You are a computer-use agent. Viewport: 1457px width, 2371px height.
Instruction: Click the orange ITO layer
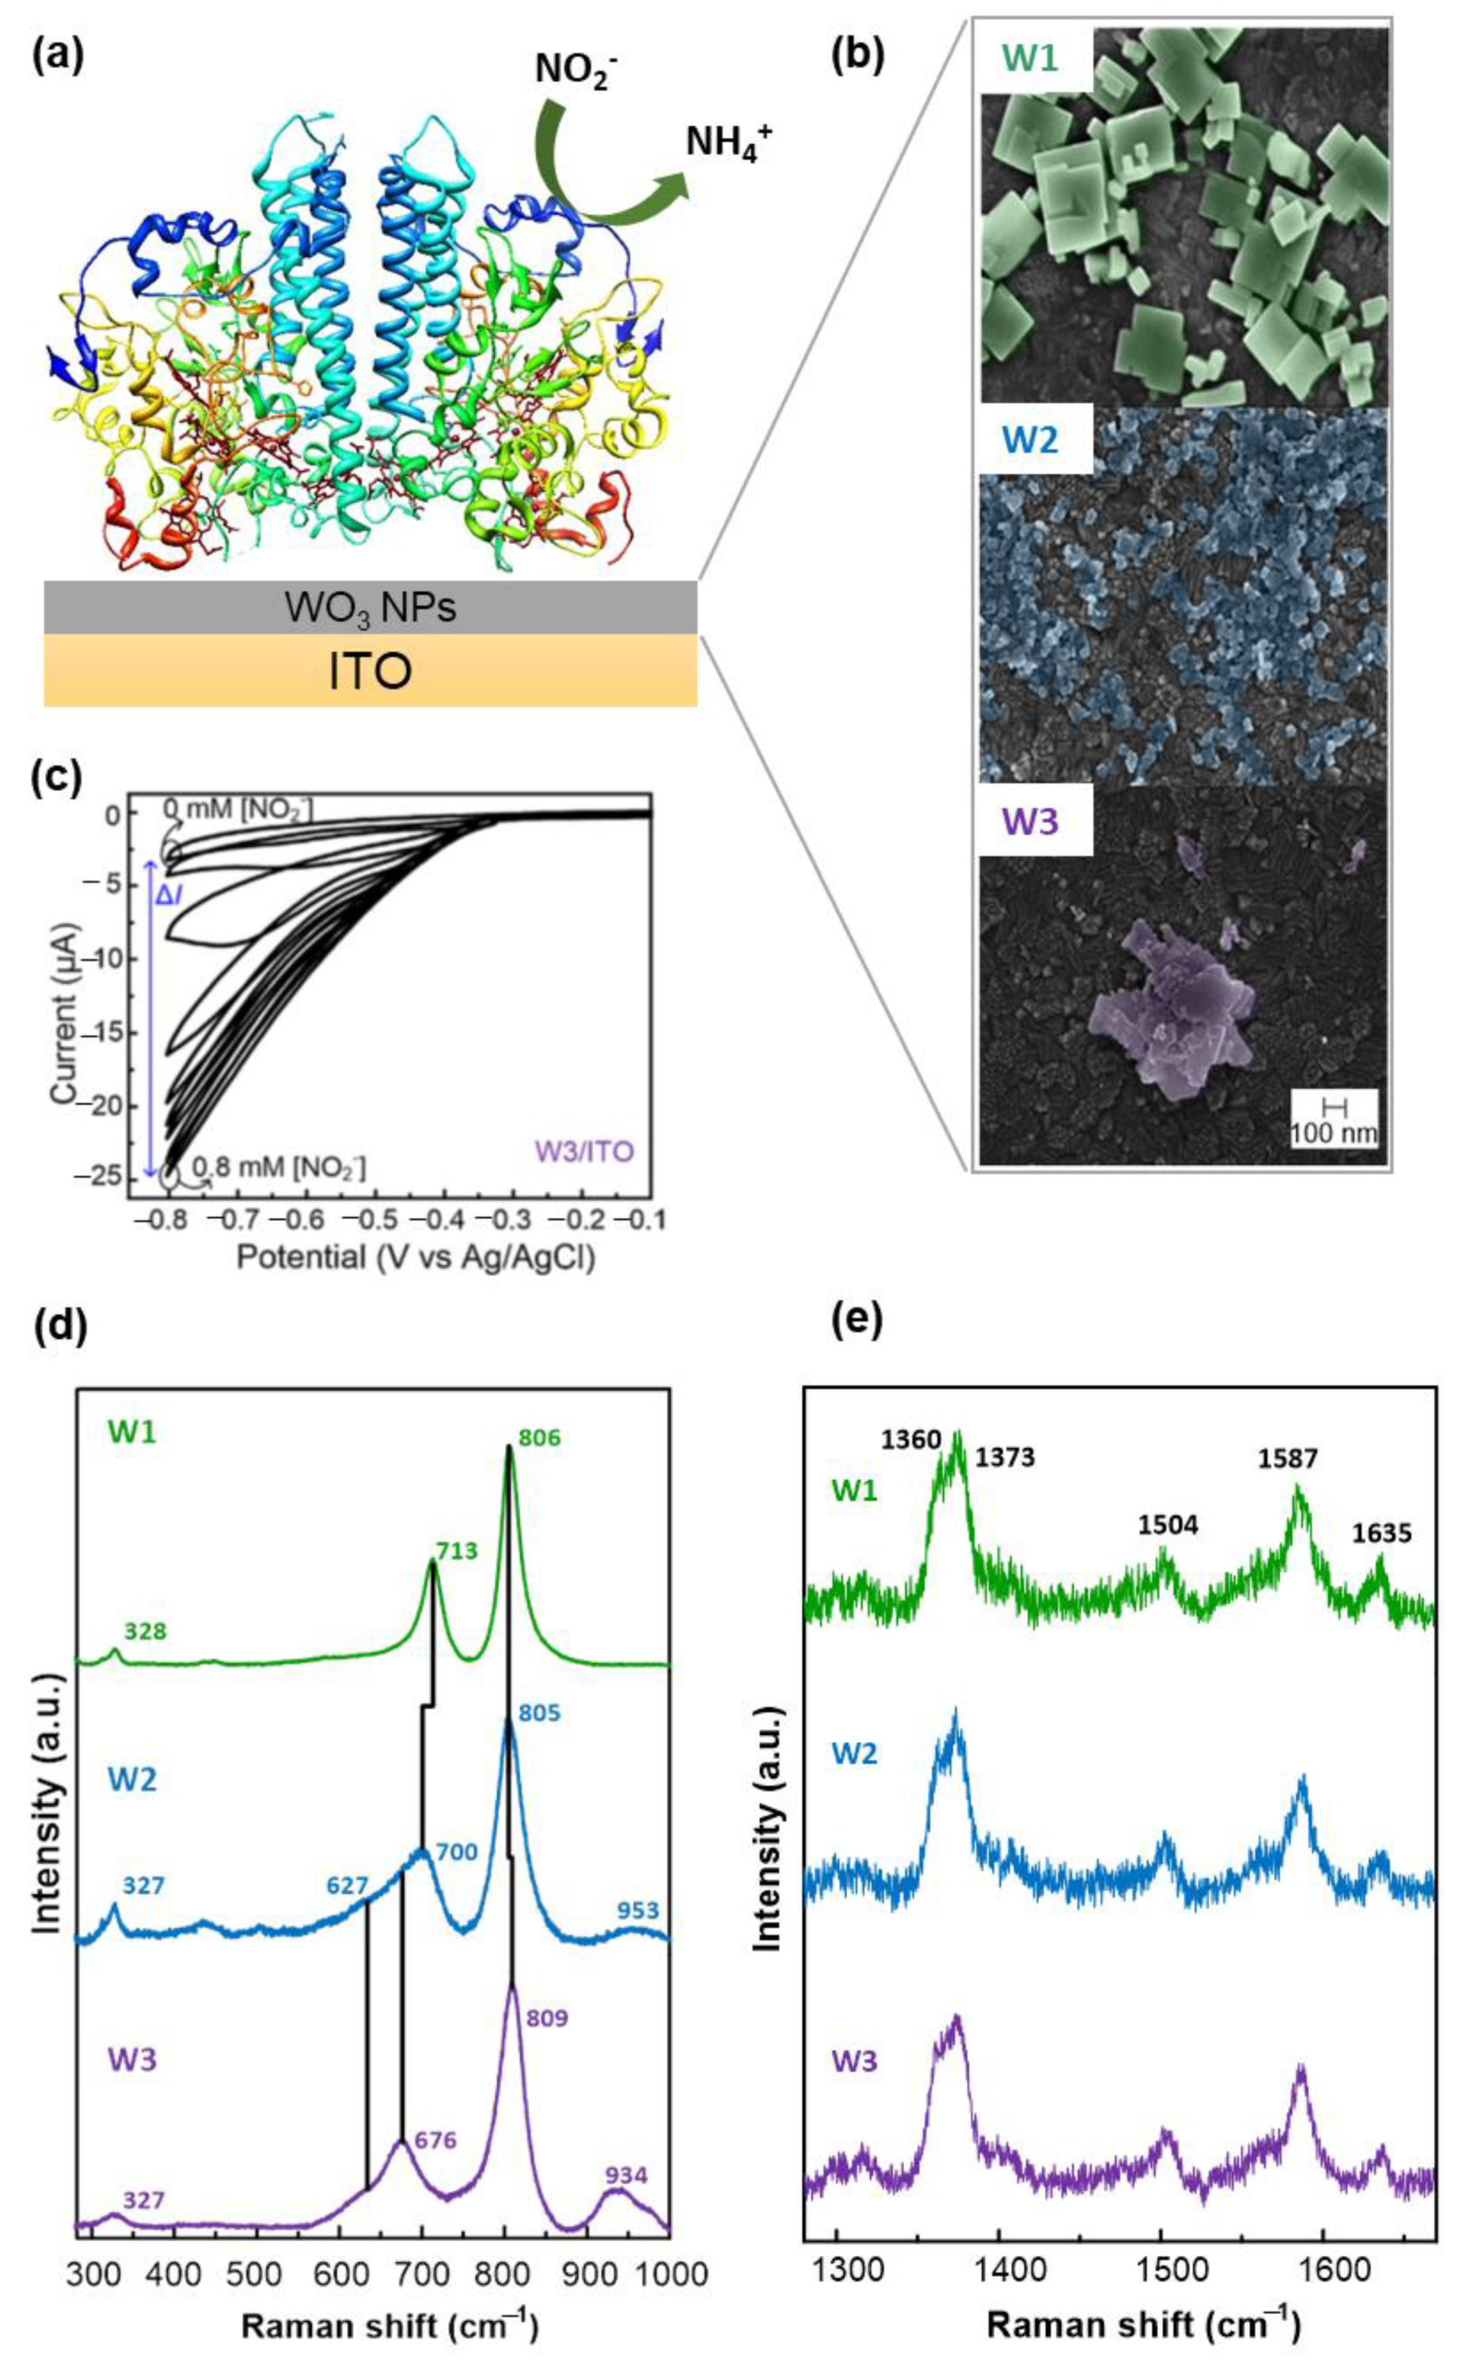[x=370, y=672]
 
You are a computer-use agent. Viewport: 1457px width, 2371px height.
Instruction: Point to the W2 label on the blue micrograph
[x=1030, y=440]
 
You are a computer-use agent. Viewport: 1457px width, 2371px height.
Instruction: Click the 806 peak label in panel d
[x=539, y=1439]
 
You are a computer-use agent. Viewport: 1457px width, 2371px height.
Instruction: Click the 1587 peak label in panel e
[x=1288, y=1458]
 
